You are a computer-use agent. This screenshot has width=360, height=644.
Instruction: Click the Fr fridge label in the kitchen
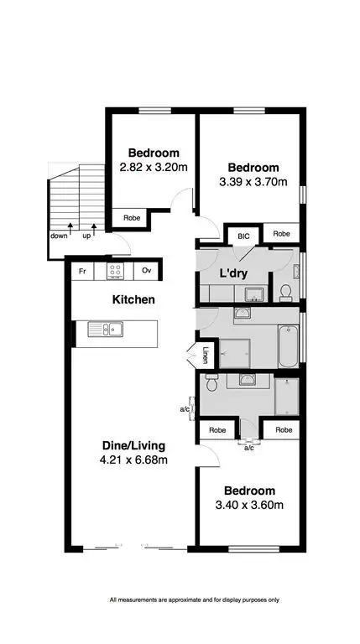click(x=83, y=271)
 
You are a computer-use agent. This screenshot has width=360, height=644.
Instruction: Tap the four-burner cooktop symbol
click(x=116, y=271)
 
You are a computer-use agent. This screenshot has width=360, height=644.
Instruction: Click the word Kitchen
click(x=133, y=299)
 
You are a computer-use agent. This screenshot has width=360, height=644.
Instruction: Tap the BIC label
click(x=244, y=236)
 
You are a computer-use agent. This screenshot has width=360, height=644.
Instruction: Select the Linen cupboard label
click(x=205, y=356)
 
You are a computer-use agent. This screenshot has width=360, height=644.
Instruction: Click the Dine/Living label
click(x=134, y=444)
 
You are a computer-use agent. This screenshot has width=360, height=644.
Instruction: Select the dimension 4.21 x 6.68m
click(x=134, y=460)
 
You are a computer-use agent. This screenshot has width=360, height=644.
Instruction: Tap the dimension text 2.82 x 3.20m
click(x=154, y=167)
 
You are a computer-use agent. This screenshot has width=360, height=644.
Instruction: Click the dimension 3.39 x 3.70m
click(x=253, y=182)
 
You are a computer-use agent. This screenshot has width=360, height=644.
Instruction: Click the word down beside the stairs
click(x=58, y=236)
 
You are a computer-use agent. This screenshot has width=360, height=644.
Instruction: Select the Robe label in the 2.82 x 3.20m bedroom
click(x=132, y=217)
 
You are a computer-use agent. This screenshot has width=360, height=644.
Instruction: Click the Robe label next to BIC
click(x=281, y=234)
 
